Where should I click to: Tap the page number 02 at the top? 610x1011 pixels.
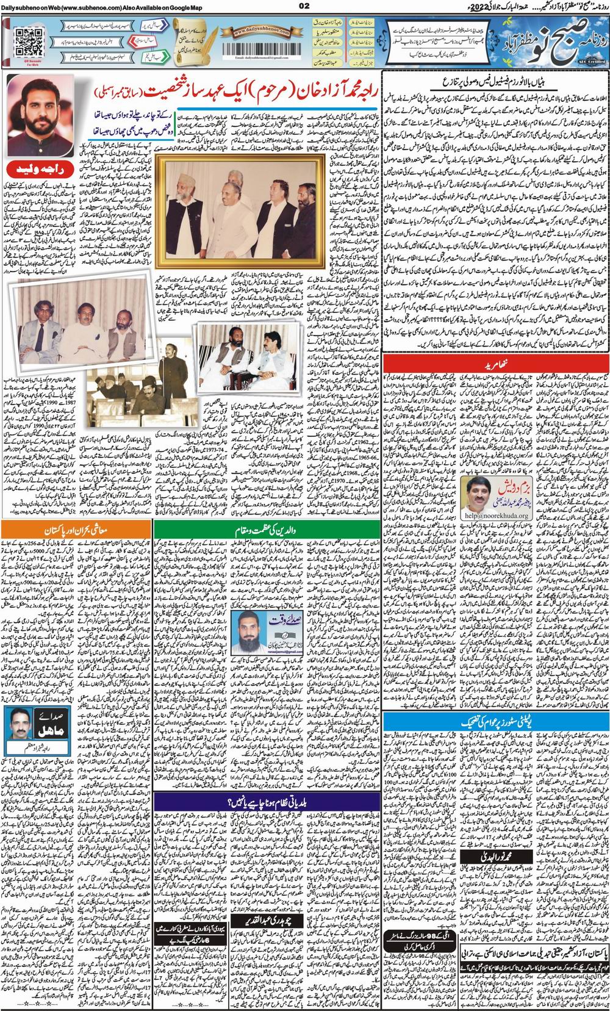(x=304, y=5)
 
